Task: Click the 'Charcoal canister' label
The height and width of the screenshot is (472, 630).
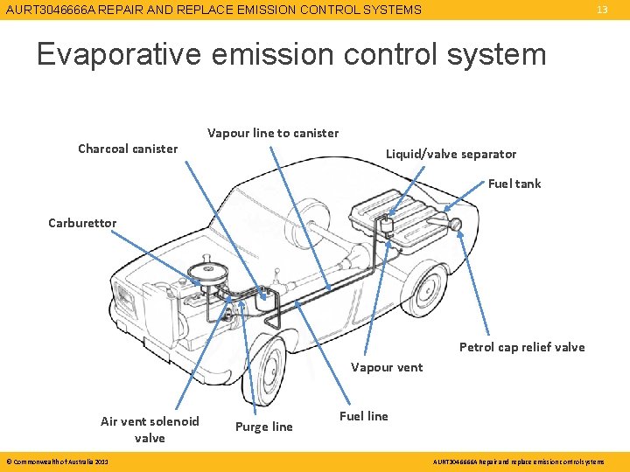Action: (x=128, y=149)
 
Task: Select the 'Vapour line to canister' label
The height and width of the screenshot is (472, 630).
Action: (x=273, y=133)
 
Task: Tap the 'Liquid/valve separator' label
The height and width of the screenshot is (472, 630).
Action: (x=451, y=154)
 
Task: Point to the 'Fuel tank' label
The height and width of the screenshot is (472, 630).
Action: (x=514, y=184)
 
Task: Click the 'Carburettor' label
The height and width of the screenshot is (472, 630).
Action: (x=82, y=223)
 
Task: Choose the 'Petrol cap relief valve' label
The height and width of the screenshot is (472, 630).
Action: (x=522, y=347)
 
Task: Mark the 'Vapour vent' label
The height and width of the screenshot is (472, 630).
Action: (x=387, y=367)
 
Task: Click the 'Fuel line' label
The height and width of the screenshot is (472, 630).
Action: (x=364, y=416)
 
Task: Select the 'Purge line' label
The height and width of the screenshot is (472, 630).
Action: (x=264, y=427)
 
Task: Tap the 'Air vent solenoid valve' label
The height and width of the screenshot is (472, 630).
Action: (x=150, y=429)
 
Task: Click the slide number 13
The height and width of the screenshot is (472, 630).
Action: (x=602, y=10)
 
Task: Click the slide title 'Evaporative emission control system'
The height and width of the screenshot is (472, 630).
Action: (x=291, y=54)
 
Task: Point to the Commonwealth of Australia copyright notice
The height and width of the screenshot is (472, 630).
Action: (x=57, y=462)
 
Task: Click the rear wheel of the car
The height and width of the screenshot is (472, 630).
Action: (x=427, y=289)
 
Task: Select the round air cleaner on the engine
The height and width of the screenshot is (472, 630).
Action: (x=209, y=266)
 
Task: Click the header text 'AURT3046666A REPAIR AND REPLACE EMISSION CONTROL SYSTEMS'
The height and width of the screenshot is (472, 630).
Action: (x=213, y=10)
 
